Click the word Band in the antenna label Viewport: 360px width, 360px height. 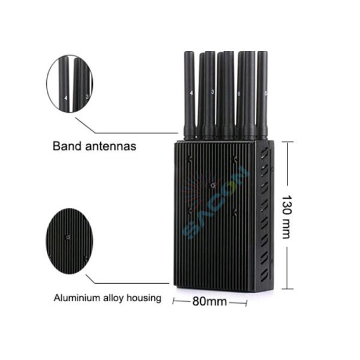coord(65,146)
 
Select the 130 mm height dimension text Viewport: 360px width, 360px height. coord(286,217)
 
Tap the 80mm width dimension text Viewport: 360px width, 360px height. coord(209,302)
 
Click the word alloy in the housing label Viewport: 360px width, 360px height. coord(112,298)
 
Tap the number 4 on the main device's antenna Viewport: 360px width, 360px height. coord(191,94)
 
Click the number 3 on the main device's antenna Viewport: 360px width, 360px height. coord(212,92)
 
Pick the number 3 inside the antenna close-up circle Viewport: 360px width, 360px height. coord(87,95)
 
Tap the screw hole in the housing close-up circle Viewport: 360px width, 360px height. coord(68,237)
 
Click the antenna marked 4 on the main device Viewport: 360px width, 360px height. coord(190,96)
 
